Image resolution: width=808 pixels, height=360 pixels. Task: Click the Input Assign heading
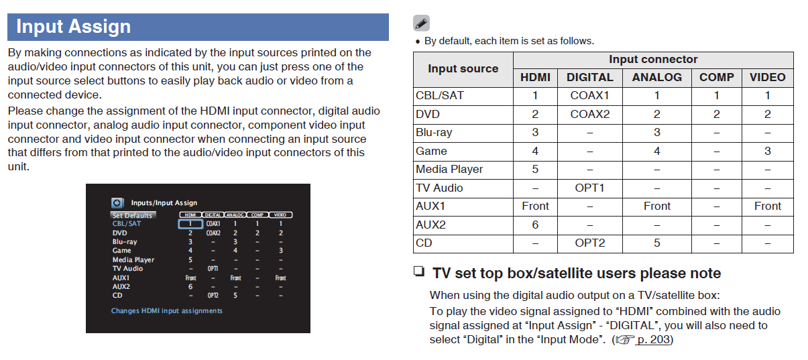pyautogui.click(x=74, y=27)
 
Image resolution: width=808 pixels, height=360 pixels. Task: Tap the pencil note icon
pyautogui.click(x=421, y=23)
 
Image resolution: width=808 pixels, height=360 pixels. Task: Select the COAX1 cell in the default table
pyautogui.click(x=590, y=96)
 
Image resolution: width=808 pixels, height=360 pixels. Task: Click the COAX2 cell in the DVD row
pyautogui.click(x=590, y=115)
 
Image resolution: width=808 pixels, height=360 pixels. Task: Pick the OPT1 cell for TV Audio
pyautogui.click(x=590, y=188)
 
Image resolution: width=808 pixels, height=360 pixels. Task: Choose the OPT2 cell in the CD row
pyautogui.click(x=590, y=243)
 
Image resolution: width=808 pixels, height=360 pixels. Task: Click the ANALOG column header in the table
pyautogui.click(x=657, y=77)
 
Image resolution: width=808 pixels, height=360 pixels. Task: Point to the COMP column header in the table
pyautogui.click(x=717, y=77)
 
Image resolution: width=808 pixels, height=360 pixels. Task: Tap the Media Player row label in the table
pyautogui.click(x=449, y=169)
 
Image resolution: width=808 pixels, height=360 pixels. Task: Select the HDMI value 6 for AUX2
pyautogui.click(x=535, y=225)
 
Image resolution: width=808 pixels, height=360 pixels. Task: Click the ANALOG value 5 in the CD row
pyautogui.click(x=657, y=243)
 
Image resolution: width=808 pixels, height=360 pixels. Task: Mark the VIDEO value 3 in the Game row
pyautogui.click(x=768, y=151)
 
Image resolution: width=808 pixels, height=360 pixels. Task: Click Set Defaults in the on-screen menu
pyautogui.click(x=133, y=215)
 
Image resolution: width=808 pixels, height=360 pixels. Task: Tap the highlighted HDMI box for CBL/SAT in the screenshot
pyautogui.click(x=190, y=224)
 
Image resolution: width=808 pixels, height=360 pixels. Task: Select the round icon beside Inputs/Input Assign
pyautogui.click(x=117, y=202)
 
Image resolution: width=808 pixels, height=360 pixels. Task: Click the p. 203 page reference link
pyautogui.click(x=653, y=340)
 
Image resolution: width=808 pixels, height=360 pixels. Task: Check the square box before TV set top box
pyautogui.click(x=419, y=272)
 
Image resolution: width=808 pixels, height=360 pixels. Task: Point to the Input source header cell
pyautogui.click(x=463, y=69)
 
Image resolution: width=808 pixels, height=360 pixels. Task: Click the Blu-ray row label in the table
pyautogui.click(x=434, y=133)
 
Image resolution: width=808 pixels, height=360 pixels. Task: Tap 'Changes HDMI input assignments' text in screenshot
pyautogui.click(x=167, y=311)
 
